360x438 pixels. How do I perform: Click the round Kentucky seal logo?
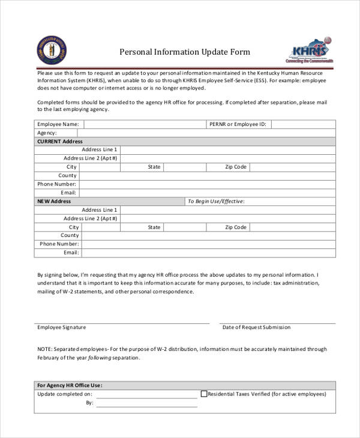(52, 50)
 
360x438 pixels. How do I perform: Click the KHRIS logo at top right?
(309, 50)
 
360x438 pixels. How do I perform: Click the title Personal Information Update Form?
(185, 52)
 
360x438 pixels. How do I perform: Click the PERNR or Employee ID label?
(237, 124)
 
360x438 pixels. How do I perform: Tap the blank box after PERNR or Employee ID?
(303, 124)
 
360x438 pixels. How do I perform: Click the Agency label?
(47, 133)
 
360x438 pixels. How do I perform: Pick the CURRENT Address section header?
(60, 141)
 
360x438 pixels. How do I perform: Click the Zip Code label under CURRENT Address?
(236, 167)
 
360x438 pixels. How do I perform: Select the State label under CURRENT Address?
(154, 167)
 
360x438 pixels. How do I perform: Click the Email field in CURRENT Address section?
(207, 193)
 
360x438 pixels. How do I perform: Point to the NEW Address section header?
(54, 202)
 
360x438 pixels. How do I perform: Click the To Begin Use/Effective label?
(216, 202)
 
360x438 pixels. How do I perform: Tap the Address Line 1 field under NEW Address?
(228, 210)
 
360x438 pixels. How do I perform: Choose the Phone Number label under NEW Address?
(59, 244)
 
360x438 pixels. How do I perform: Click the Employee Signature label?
(62, 328)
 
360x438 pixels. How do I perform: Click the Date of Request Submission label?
(256, 328)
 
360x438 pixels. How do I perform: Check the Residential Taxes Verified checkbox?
(203, 394)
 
